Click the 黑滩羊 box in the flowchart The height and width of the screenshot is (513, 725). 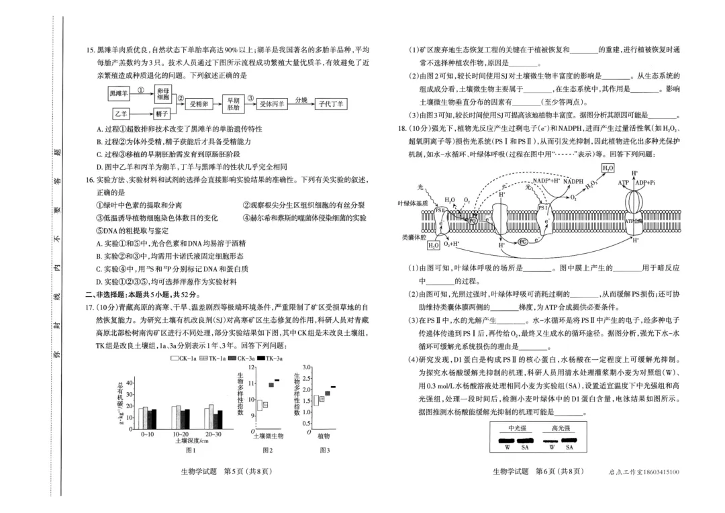pyautogui.click(x=119, y=93)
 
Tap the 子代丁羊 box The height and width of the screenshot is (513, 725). pyautogui.click(x=331, y=104)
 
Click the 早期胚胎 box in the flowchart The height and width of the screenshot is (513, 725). pyautogui.click(x=233, y=103)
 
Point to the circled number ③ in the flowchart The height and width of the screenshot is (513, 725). pyautogui.click(x=250, y=97)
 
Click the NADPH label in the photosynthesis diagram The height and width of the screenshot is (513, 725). pyautogui.click(x=573, y=181)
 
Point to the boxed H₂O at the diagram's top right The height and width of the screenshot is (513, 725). pyautogui.click(x=608, y=168)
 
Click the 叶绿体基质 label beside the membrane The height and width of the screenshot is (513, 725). pyautogui.click(x=413, y=203)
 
